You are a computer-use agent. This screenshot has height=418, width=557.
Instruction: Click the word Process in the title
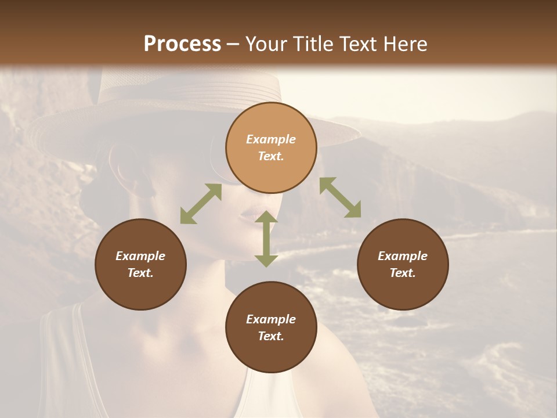point(182,44)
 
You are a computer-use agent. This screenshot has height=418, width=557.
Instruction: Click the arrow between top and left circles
point(201,204)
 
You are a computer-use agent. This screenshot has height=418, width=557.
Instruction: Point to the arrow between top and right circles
point(340,197)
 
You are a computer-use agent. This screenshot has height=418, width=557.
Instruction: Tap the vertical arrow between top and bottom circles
point(266,239)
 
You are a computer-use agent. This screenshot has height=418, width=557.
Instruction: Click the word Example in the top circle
point(271,139)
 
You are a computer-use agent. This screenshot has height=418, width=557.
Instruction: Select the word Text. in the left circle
point(140,273)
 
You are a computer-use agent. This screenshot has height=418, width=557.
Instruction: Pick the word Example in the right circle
point(403,256)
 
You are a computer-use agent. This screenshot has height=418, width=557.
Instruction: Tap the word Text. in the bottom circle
point(271,336)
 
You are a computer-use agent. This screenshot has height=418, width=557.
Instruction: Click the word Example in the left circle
point(140,256)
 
